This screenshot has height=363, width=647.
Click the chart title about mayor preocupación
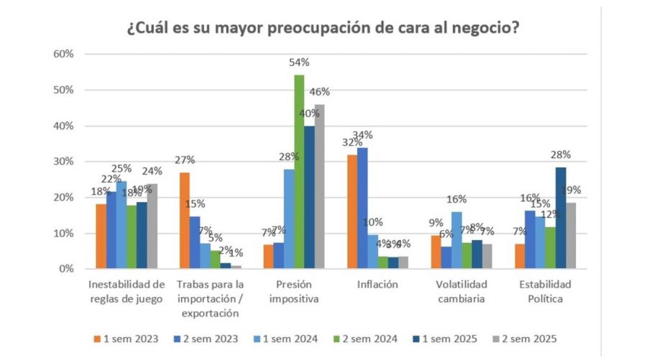coord(323,29)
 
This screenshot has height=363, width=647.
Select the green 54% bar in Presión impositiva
coord(299,172)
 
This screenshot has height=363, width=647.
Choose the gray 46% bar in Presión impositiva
coord(319,187)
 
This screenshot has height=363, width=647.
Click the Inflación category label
coord(376,284)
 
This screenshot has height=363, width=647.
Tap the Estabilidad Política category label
coord(551,290)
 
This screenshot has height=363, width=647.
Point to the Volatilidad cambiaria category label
coord(463,290)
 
